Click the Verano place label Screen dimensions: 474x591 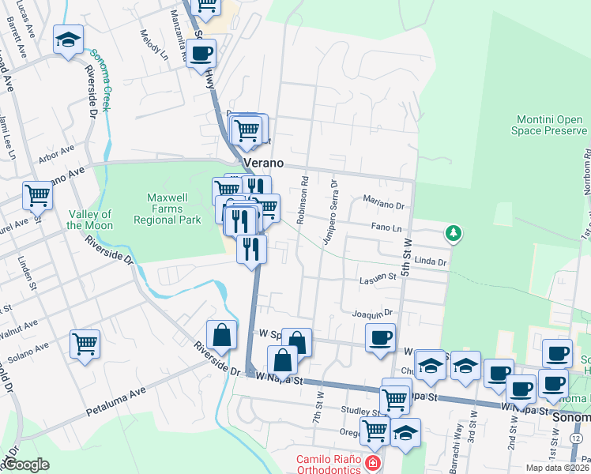tap(263, 163)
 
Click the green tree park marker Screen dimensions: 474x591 tap(453, 233)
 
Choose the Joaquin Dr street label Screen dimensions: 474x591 tap(372, 313)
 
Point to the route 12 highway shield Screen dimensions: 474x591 tap(578, 438)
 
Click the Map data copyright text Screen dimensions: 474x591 tap(556, 468)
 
